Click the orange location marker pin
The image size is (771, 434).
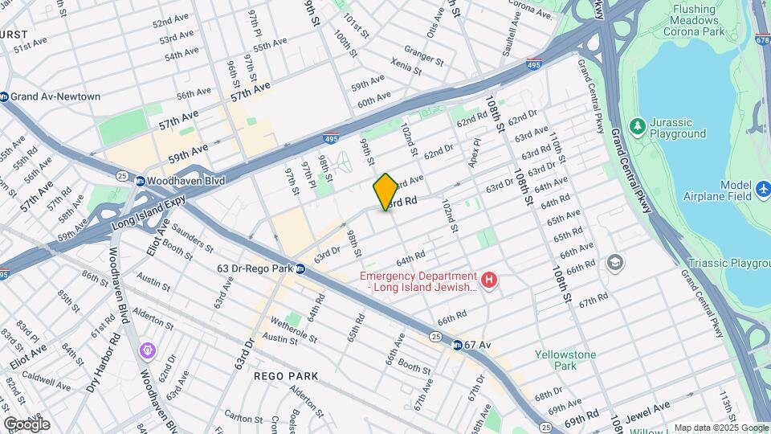(x=385, y=191)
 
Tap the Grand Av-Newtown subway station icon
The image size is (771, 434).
(x=4, y=96)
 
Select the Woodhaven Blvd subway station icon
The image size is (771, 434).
(x=140, y=181)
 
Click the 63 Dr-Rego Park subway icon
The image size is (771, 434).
(x=300, y=269)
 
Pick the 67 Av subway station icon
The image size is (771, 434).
(x=456, y=345)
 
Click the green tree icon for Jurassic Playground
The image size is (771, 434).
(x=637, y=127)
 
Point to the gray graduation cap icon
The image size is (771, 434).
(x=615, y=262)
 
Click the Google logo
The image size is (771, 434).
(x=27, y=424)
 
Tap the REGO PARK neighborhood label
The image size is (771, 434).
(x=286, y=376)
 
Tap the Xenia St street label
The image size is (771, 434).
(x=406, y=67)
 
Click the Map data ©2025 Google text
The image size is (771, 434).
(x=720, y=428)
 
